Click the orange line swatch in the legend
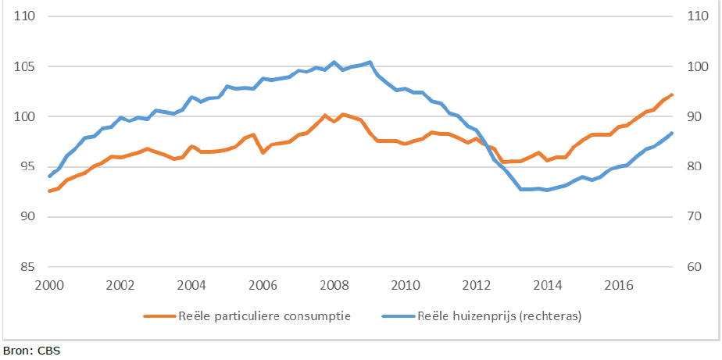point(161,316)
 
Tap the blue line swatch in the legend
point(397,316)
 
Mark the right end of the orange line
point(672,94)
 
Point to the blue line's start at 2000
point(49,176)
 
